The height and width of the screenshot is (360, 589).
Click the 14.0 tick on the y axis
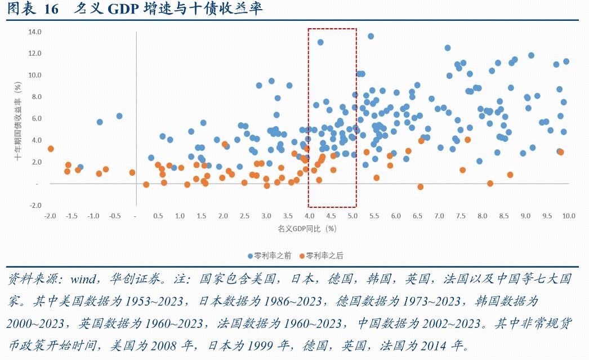(x=34, y=32)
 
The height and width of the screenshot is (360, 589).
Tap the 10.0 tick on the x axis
(x=569, y=216)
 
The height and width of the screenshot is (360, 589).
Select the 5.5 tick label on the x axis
(x=374, y=216)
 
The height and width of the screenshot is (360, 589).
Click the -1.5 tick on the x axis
(x=71, y=216)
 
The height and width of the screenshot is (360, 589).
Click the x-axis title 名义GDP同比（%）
(x=307, y=229)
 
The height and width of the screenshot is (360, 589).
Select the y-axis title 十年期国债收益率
(x=17, y=126)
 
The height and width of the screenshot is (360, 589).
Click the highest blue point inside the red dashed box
(x=320, y=42)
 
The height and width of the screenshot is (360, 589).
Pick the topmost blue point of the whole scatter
(x=371, y=37)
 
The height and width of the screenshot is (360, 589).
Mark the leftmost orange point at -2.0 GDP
(x=51, y=149)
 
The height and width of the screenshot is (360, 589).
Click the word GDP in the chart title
(x=123, y=9)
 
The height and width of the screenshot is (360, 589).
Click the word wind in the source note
(x=84, y=279)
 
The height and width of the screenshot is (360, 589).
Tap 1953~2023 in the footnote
(x=154, y=301)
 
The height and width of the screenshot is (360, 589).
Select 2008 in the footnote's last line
(x=163, y=345)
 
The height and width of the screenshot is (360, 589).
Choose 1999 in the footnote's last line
(x=260, y=345)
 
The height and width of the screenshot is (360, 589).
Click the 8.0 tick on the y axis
(x=35, y=97)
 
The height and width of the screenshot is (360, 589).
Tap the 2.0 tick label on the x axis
(x=223, y=216)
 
